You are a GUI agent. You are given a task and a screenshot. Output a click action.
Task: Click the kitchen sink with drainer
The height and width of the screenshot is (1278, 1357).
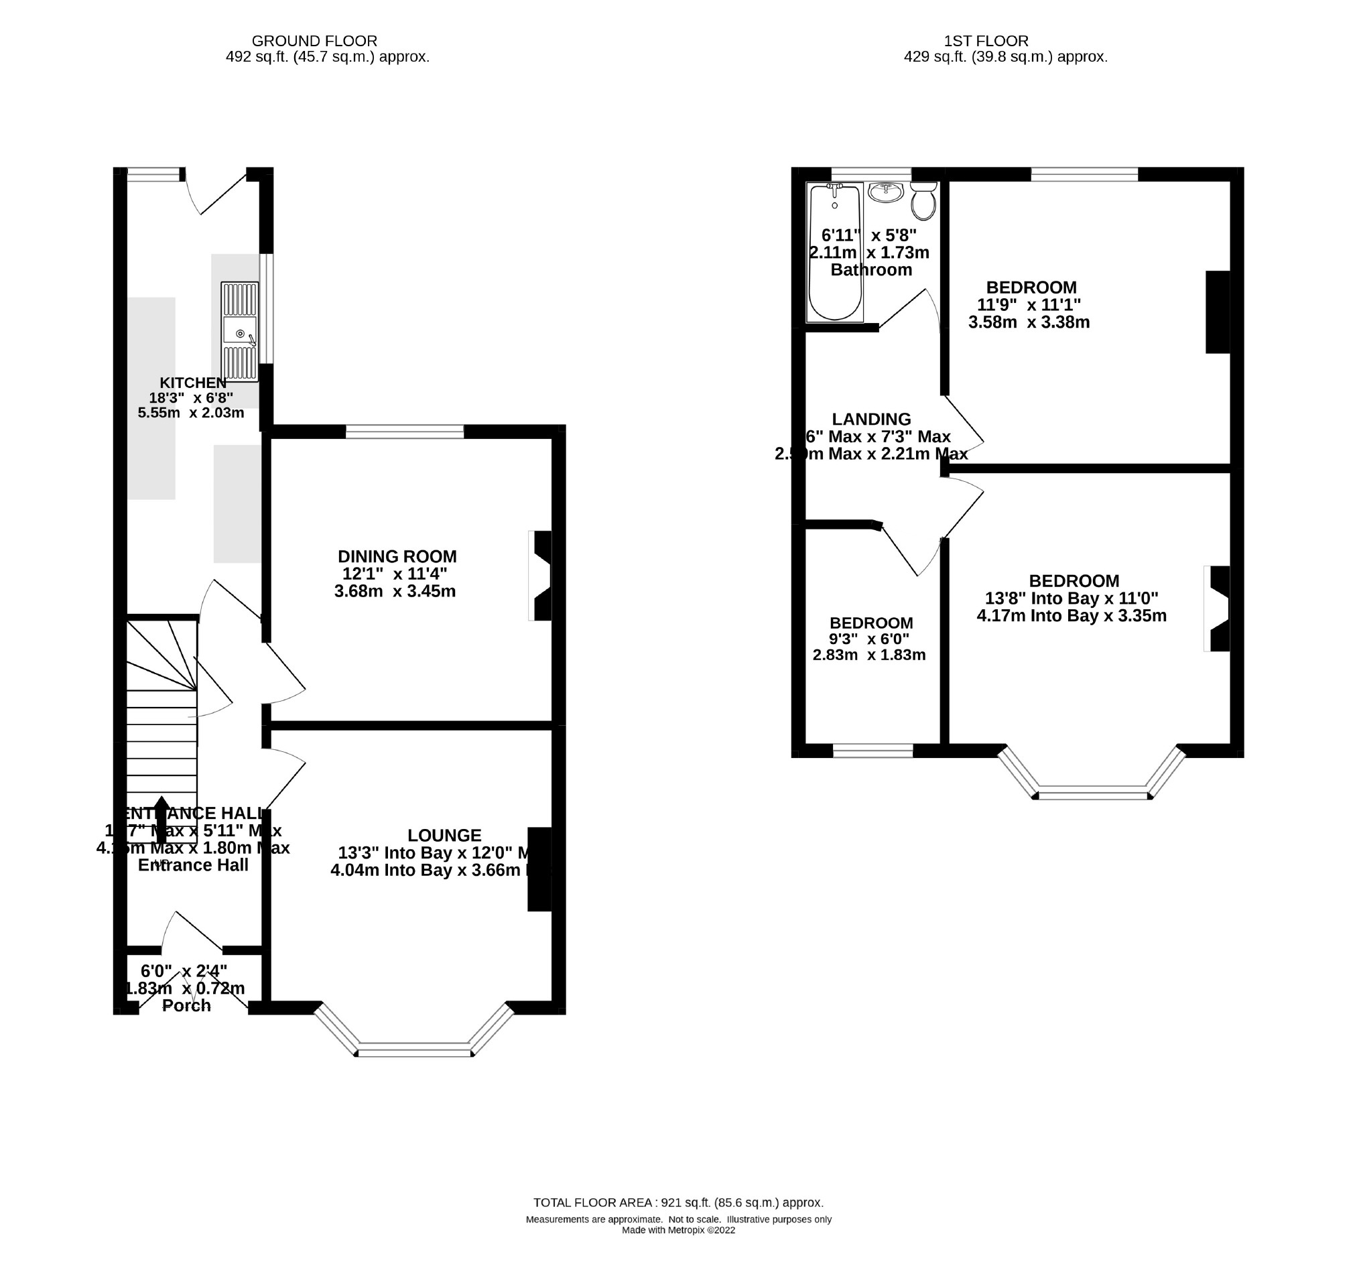tap(240, 332)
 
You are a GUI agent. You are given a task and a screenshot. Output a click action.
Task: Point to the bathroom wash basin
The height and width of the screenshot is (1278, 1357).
tap(886, 192)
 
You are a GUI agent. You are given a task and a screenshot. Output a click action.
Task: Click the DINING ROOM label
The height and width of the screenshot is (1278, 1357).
tap(397, 556)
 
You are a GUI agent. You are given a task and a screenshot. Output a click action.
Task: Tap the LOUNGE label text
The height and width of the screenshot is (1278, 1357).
tap(444, 835)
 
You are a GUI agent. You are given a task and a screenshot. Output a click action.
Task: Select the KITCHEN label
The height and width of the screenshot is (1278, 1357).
tap(193, 383)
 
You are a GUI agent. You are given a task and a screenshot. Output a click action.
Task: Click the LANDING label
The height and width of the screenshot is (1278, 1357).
tap(871, 419)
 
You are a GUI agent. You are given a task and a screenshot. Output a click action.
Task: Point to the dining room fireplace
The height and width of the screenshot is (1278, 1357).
tap(541, 576)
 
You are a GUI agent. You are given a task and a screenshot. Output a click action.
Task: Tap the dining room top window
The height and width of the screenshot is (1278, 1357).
tap(405, 432)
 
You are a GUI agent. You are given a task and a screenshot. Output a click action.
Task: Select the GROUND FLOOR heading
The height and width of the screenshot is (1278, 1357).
tap(315, 41)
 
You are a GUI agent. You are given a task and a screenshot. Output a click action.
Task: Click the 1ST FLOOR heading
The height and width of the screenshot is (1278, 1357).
tap(986, 41)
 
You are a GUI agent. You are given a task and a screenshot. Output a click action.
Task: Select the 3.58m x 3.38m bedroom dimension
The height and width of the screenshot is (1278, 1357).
tap(1029, 322)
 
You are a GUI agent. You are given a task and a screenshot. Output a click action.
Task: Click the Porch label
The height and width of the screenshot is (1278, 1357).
tap(186, 1006)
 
